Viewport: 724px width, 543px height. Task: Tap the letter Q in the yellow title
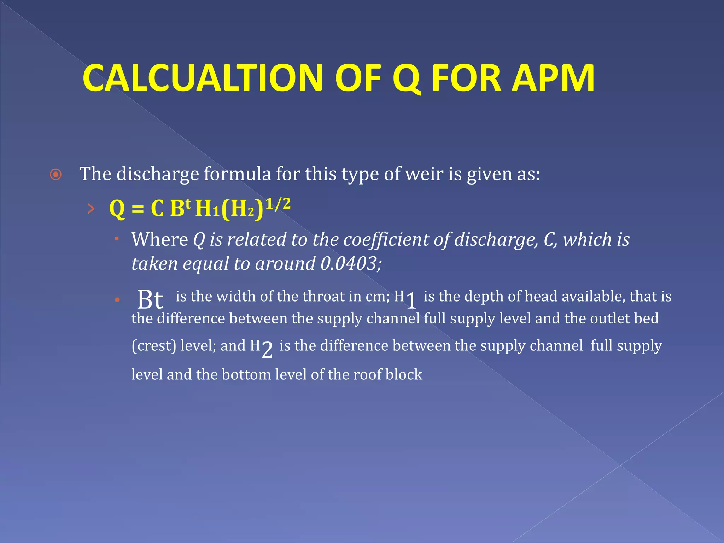click(407, 78)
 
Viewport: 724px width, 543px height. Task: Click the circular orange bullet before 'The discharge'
click(56, 175)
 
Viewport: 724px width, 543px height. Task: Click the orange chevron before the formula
click(91, 209)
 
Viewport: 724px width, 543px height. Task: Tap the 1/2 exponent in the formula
click(278, 204)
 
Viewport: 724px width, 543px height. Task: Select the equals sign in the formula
click(138, 209)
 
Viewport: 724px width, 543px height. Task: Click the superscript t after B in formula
click(188, 203)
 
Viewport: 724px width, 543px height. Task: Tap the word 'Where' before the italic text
click(159, 239)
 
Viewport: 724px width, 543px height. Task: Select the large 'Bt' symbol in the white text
click(150, 299)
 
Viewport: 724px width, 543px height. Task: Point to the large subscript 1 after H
click(411, 301)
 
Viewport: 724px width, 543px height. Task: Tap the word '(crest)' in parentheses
click(154, 346)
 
